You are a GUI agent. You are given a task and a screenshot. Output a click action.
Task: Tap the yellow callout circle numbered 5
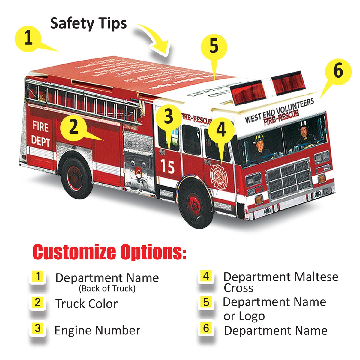coord(214,47)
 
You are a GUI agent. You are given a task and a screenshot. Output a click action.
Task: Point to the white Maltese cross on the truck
coord(218,176)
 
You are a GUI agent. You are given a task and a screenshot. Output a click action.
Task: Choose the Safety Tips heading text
coord(88,23)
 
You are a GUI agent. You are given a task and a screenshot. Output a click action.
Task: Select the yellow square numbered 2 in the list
coord(37,302)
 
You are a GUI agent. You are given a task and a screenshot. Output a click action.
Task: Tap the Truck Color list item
coord(87,304)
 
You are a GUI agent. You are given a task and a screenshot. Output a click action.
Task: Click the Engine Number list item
coord(97,331)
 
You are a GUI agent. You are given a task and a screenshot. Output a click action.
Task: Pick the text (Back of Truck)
coord(107,289)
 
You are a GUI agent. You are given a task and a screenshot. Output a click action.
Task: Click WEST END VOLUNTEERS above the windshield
coord(279,110)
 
